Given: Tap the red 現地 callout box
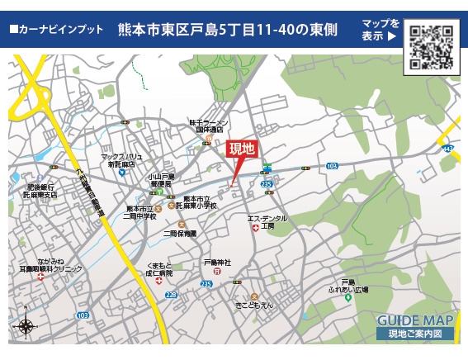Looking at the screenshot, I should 243,149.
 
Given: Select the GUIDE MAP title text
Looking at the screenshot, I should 415,320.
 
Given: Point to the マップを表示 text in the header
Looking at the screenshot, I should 381,30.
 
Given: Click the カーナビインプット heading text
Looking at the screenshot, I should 56,30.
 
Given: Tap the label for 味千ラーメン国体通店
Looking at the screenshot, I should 210,126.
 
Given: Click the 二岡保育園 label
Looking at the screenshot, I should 180,234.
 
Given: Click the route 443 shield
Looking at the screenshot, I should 447,149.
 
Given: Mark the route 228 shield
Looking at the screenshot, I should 172,294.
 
